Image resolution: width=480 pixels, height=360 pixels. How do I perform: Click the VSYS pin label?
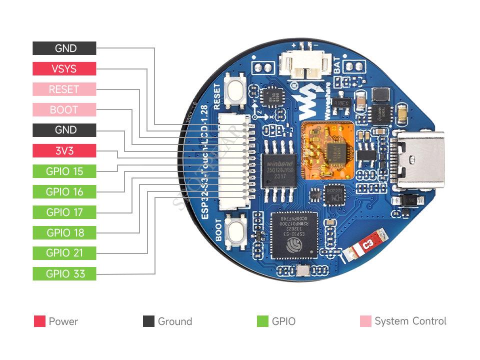[64, 69]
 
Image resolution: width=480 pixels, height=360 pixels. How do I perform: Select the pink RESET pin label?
[64, 89]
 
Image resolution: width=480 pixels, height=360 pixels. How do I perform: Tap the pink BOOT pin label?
[64, 110]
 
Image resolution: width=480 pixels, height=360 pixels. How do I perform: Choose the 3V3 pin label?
[64, 150]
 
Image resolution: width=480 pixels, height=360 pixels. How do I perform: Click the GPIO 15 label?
[64, 171]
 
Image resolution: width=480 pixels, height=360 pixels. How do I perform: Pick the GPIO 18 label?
[64, 232]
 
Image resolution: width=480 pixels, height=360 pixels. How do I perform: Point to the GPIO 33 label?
[64, 273]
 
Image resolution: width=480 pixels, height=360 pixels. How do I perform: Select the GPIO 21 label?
[64, 253]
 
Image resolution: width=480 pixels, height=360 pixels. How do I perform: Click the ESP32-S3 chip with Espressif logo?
[293, 234]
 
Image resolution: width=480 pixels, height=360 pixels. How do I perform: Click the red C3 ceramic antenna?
[366, 245]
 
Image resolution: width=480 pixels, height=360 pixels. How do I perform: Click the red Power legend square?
[39, 321]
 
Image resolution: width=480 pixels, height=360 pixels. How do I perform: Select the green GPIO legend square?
[262, 321]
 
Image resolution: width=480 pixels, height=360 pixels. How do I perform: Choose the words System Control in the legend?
[410, 321]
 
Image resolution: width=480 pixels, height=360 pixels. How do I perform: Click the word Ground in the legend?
[174, 321]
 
